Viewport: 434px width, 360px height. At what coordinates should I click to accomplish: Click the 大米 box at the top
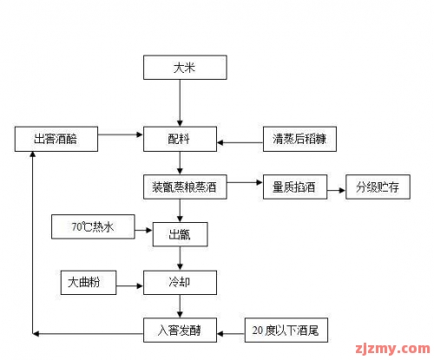185,68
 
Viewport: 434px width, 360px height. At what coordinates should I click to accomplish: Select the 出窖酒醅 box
56,139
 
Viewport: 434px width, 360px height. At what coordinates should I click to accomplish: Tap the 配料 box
180,139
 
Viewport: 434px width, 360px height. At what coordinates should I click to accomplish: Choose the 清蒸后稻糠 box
299,139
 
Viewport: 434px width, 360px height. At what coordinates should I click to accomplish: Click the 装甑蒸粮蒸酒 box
185,187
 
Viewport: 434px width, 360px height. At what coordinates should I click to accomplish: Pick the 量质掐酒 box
295,187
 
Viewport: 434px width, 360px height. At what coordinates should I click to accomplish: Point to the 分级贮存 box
378,187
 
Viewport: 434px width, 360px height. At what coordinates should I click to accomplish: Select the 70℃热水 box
93,226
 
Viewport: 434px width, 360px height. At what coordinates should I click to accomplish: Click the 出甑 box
180,234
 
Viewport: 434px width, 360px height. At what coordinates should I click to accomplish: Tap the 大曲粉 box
89,283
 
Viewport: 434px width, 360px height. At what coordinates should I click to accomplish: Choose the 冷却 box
180,283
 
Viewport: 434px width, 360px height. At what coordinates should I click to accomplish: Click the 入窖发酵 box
180,331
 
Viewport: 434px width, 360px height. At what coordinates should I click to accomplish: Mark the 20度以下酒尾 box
286,331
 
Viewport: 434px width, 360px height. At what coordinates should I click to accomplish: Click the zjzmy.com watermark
393,349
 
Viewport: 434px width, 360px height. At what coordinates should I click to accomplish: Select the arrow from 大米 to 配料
180,103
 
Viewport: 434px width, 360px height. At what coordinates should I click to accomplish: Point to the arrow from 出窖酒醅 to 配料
121,134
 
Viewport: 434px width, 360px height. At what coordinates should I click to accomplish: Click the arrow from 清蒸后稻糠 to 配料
240,142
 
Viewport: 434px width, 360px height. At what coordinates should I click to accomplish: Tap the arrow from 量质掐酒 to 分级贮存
337,190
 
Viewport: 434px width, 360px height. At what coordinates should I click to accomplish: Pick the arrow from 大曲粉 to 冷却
129,285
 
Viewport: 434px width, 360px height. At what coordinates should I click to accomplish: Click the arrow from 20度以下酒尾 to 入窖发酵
231,334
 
